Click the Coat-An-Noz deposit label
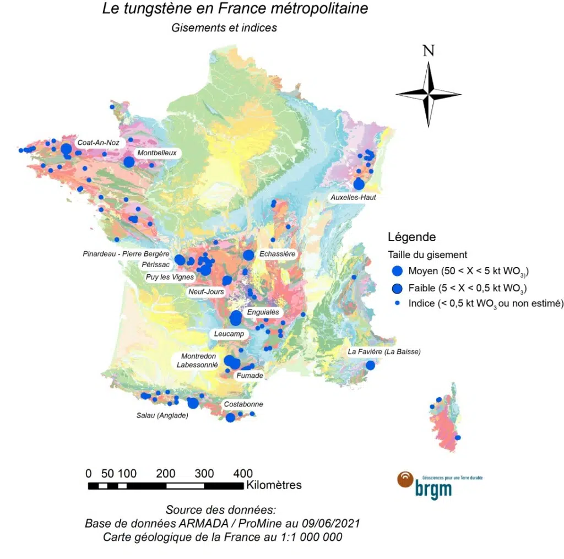pos(98,143)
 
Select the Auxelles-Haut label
pos(353,197)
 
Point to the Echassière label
pos(277,254)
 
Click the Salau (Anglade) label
pos(162,416)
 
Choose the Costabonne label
pos(243,404)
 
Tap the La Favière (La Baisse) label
pos(384,351)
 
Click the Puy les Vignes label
pos(170,277)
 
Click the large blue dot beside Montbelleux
pos(129,162)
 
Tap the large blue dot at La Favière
pos(370,365)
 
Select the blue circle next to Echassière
pos(248,255)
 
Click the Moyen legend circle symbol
pos(397,271)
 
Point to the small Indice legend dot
pos(397,303)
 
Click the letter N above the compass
pos(429,51)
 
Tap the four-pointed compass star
pos(429,95)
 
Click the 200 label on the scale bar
pos(166,474)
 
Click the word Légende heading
pos(412,237)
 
